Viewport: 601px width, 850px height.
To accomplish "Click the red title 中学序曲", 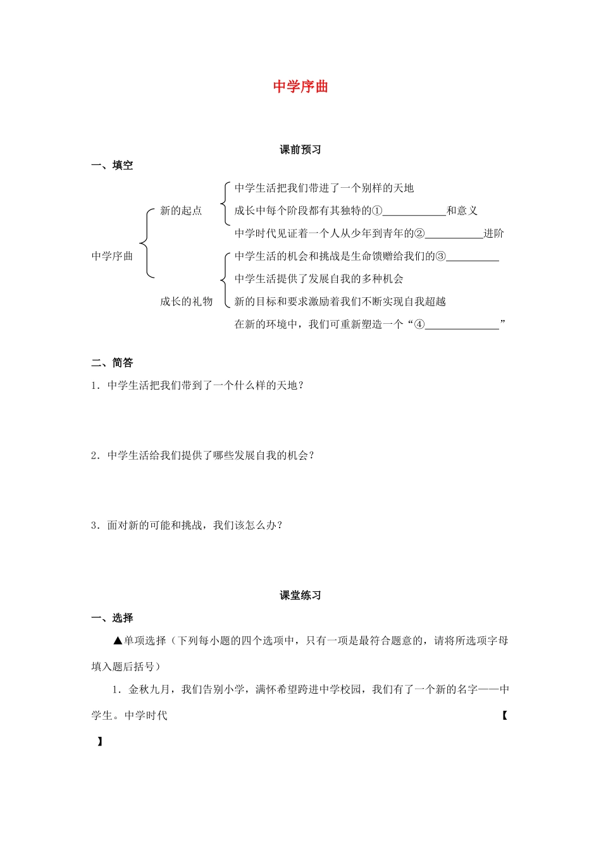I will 300,87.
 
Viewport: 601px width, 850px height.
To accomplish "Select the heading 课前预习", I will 300,150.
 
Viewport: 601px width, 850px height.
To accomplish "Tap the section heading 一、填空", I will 112,166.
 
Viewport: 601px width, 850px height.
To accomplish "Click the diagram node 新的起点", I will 181,211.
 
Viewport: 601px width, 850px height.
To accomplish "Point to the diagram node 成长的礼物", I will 186,302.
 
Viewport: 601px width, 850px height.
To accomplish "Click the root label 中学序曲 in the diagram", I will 112,256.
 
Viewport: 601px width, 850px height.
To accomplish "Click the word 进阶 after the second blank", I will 493,233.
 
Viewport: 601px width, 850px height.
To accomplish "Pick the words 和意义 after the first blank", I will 462,211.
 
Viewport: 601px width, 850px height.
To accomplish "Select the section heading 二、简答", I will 112,363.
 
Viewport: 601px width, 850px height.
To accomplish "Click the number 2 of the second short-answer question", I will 94,455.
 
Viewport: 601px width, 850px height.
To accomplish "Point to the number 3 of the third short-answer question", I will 94,525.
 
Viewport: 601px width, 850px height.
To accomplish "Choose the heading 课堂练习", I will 300,596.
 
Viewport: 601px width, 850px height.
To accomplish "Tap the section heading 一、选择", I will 112,619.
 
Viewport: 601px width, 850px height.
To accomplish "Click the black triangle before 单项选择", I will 117,641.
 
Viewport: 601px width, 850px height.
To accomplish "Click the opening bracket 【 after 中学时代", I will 504,716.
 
